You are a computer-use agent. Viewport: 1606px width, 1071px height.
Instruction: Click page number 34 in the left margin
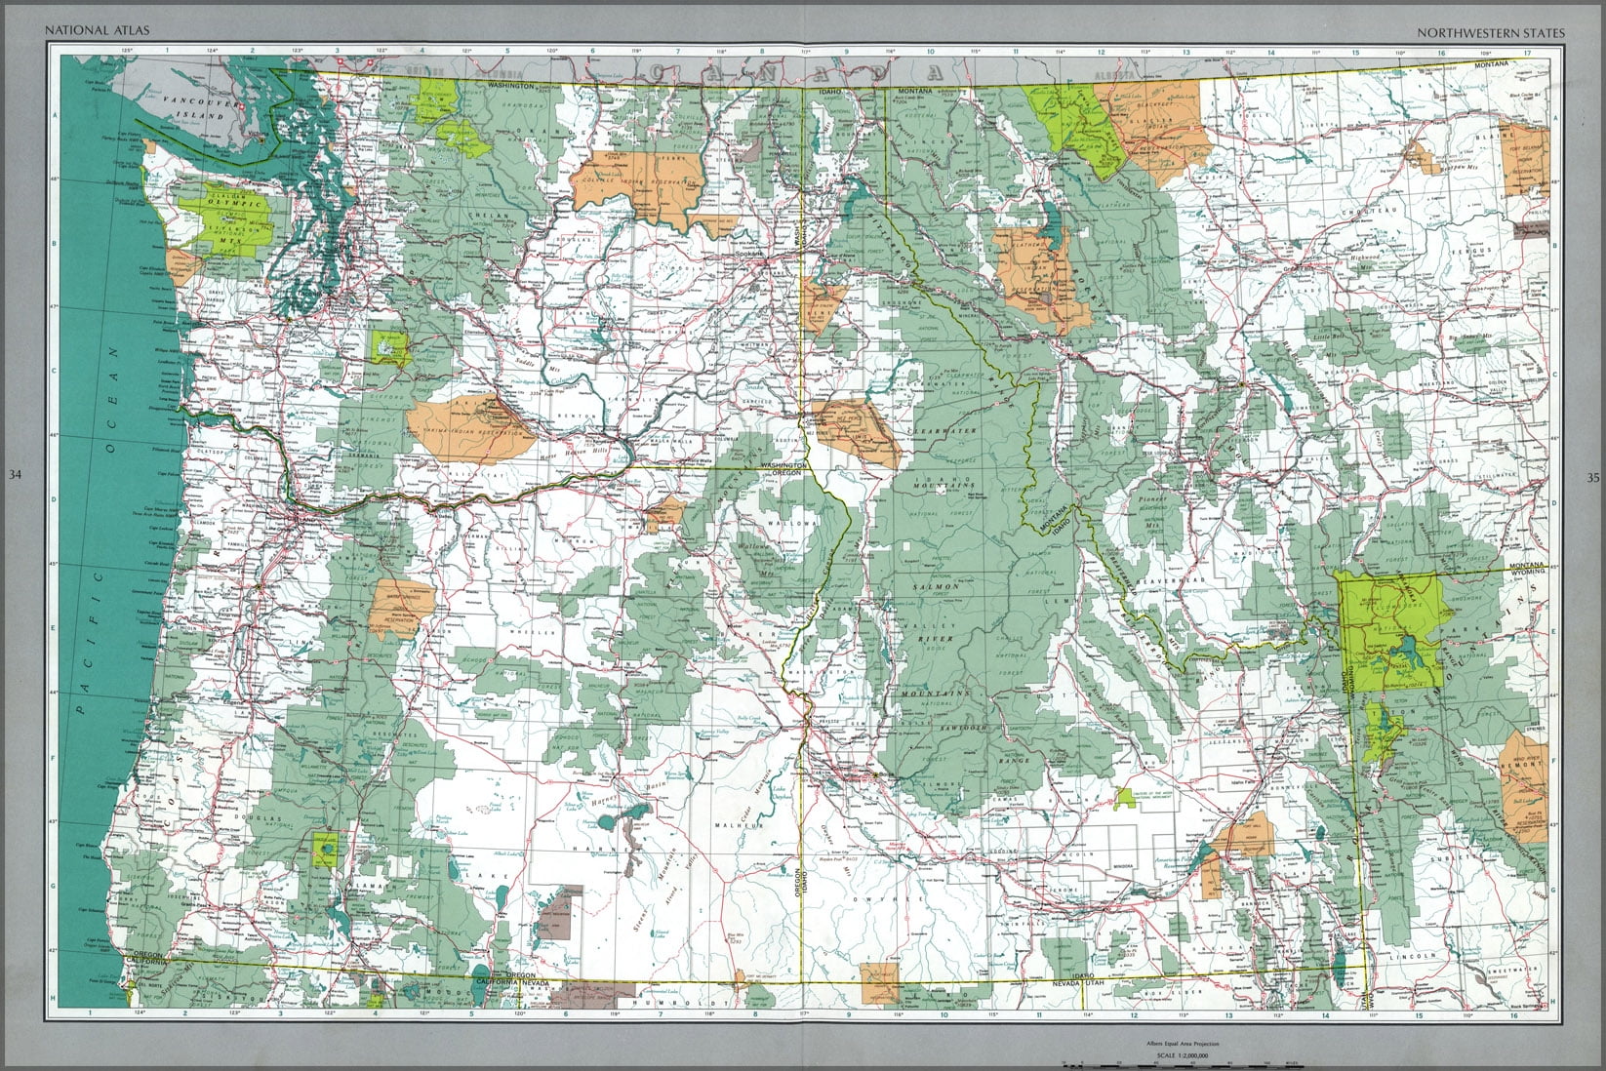pyautogui.click(x=14, y=476)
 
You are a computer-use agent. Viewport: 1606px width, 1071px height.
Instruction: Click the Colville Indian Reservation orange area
pyautogui.click(x=639, y=185)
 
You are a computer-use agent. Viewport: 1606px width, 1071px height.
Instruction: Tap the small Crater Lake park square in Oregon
pyautogui.click(x=324, y=850)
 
